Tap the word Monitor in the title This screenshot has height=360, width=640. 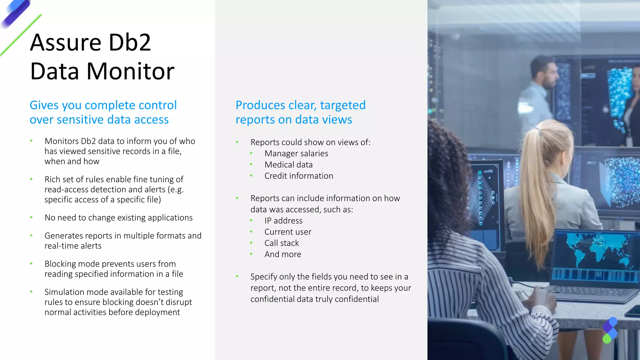pos(130,71)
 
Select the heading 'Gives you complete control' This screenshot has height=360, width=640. pos(103,105)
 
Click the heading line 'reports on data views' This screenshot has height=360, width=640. pos(294,120)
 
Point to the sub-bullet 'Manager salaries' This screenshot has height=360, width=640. pos(296,153)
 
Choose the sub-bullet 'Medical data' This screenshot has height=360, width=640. pos(288,165)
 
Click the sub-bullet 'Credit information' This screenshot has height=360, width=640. pos(299,176)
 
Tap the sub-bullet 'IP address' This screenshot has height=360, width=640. pos(283,221)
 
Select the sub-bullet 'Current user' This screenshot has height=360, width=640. pos(288,232)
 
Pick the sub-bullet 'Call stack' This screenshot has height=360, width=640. pos(282,243)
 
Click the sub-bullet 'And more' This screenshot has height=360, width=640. pos(283,254)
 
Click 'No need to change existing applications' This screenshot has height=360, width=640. pos(118,217)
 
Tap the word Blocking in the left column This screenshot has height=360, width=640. pos(60,264)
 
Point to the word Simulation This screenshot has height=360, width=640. pos(64,292)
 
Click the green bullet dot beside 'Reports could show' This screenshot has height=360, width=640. pos(237,142)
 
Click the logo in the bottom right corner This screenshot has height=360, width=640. pos(610,330)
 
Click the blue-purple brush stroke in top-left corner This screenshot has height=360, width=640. pos(16,14)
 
